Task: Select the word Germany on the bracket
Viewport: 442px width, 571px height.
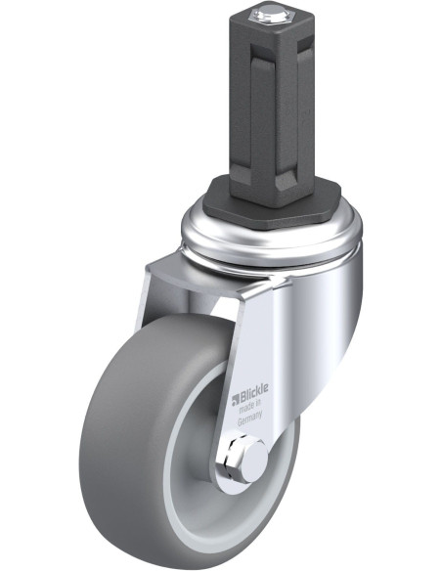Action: [249, 418]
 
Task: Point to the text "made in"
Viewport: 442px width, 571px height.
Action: [250, 406]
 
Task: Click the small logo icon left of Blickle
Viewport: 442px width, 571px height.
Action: [236, 399]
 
